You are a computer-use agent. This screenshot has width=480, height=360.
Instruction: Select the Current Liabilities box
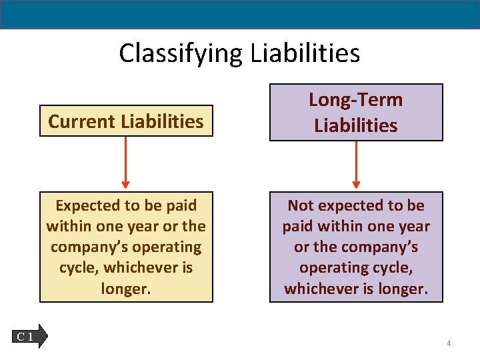coord(126,121)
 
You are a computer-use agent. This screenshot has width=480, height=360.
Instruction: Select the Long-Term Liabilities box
coord(355,113)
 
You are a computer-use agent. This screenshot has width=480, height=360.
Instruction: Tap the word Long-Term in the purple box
coord(355,100)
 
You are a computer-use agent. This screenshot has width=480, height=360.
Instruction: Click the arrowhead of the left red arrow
coord(125,185)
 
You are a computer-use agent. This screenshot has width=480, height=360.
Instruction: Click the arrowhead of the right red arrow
coord(355,185)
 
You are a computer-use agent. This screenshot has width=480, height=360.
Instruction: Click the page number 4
coord(449,343)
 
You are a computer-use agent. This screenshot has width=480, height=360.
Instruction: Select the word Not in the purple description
coord(301,205)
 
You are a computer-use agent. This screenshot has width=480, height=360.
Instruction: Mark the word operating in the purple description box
coord(329,268)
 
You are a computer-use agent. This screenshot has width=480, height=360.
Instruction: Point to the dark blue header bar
coord(240,14)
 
